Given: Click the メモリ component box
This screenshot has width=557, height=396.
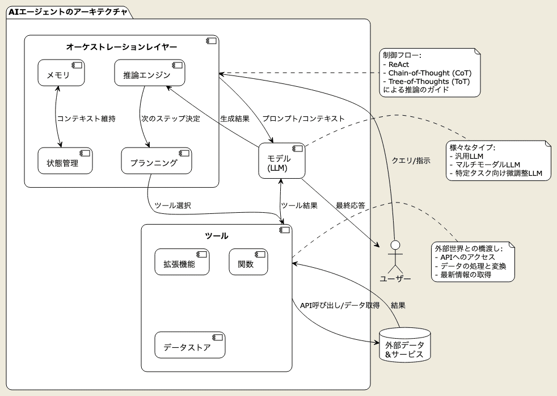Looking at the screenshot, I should coord(61,73).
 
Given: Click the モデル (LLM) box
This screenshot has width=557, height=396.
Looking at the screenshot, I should coord(282,161).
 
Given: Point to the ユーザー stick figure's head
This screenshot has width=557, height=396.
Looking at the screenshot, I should coord(395,245).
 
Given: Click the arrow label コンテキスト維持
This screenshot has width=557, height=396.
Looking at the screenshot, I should coord(86,119).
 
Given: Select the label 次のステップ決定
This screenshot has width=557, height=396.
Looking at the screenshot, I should coord(170,119).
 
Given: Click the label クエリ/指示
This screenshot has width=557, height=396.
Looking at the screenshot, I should coord(411,161).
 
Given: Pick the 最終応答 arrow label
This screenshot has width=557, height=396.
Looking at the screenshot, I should coord(351,205).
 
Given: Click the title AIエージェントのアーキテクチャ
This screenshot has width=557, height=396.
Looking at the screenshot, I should coord(67,11).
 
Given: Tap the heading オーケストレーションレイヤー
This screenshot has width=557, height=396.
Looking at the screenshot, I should coord(121,47).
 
